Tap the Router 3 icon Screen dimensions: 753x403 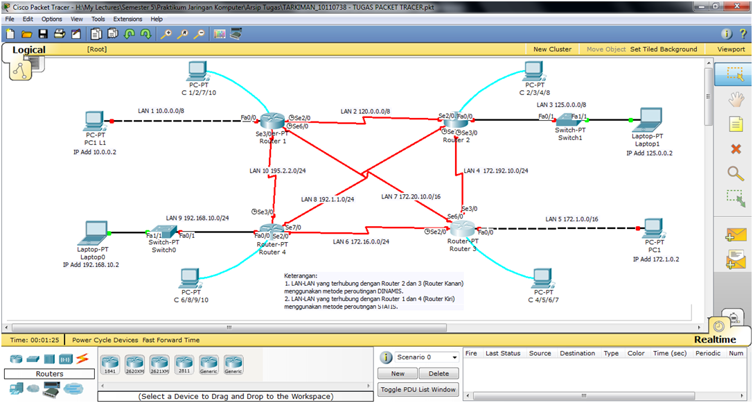(x=462, y=229)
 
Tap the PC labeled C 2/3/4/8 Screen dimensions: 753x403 (x=534, y=70)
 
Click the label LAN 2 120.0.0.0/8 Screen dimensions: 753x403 (x=365, y=111)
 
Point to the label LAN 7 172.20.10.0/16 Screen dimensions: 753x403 (x=411, y=197)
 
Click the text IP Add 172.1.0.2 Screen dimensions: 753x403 (x=655, y=259)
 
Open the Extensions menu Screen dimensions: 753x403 (x=127, y=19)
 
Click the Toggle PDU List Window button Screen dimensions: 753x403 (x=418, y=390)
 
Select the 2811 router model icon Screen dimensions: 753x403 (x=184, y=363)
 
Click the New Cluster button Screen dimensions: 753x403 (x=552, y=49)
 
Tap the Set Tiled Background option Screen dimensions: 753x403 (x=664, y=49)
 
